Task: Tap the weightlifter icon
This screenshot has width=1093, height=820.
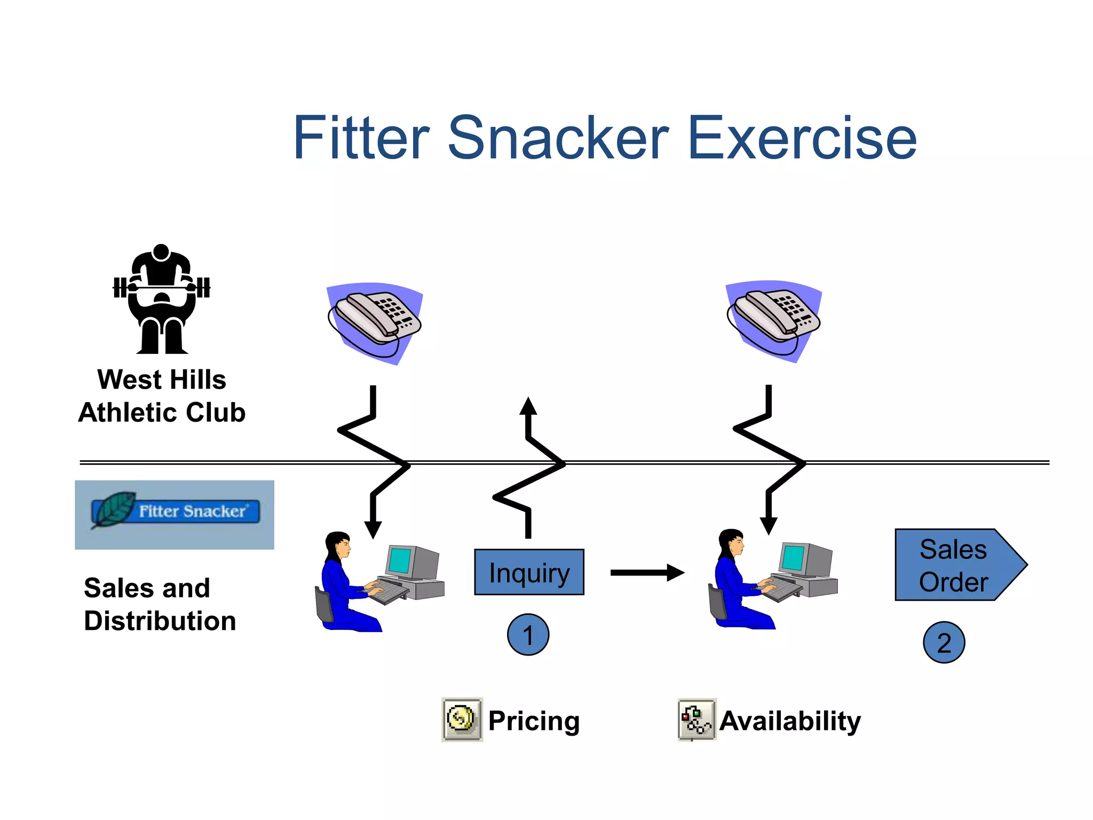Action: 162,299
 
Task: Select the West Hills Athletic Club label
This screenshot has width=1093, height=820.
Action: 162,396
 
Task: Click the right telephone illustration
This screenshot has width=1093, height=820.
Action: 774,320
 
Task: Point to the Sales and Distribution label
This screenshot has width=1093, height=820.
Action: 159,604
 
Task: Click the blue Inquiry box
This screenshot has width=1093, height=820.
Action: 529,572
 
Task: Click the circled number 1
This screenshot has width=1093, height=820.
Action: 528,635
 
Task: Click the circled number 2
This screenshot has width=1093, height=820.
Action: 944,642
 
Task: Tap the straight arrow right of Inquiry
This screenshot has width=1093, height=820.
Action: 647,572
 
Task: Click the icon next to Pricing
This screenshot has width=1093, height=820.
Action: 462,719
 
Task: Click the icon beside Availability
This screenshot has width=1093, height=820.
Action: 697,719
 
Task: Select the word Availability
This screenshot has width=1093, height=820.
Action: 790,721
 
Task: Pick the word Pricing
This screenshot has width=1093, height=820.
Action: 534,721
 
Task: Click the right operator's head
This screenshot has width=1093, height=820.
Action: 731,542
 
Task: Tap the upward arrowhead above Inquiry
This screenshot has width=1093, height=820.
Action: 528,407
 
